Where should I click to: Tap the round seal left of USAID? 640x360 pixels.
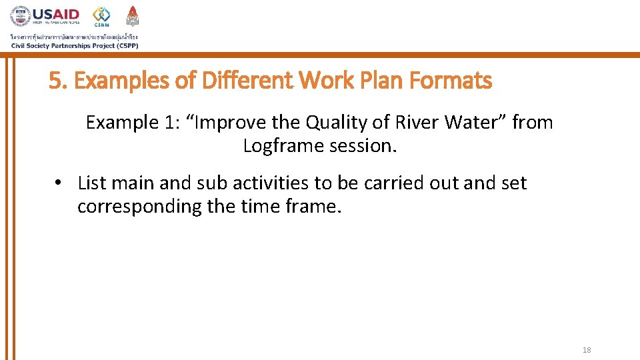coord(20,16)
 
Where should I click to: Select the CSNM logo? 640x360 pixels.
coord(102,16)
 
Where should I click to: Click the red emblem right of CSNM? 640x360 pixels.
coord(133,15)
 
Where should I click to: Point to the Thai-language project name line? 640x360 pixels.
coord(73,36)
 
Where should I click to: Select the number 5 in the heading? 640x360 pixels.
coord(54,81)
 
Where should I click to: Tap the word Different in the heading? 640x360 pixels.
coord(247,81)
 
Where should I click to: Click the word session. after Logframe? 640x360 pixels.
coord(363,146)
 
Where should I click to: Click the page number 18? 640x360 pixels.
coord(587,350)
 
